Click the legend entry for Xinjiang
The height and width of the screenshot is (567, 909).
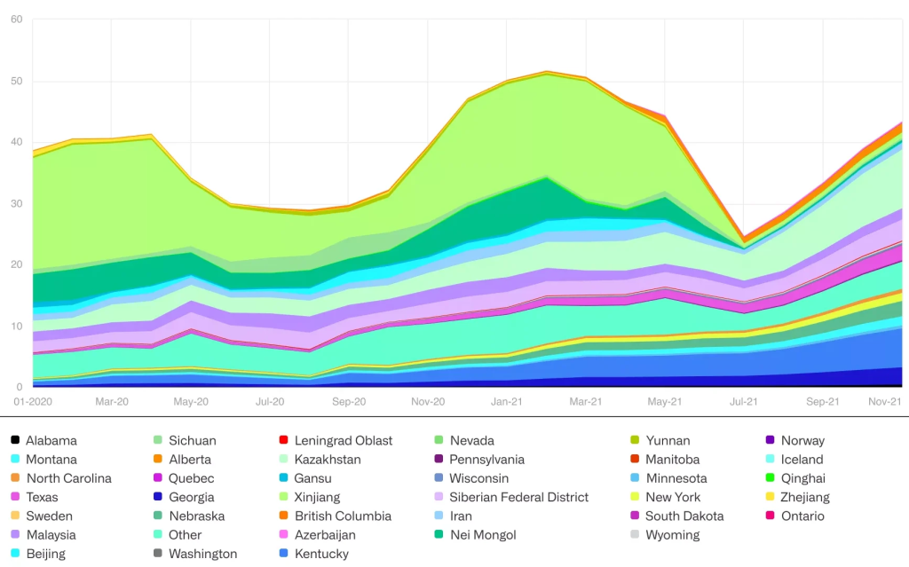[x=316, y=497]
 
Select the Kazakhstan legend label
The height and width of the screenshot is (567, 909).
[x=327, y=460]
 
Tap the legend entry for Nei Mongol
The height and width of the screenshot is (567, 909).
[x=482, y=535]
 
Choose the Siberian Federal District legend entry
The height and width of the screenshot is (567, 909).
[x=518, y=497]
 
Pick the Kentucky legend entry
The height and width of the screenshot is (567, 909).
[x=320, y=554]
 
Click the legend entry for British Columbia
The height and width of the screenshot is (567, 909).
[x=342, y=516]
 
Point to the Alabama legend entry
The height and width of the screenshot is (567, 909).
[x=51, y=441]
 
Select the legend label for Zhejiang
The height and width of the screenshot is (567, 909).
[x=804, y=497]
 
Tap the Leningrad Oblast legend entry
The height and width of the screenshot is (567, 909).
[x=343, y=441]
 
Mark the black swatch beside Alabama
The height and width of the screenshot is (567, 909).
[x=14, y=441]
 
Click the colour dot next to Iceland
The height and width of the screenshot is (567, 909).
[x=770, y=460]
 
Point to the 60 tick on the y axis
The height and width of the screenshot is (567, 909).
[x=16, y=20]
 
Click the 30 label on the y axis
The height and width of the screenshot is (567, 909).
[x=16, y=203]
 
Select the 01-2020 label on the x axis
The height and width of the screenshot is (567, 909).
[x=32, y=402]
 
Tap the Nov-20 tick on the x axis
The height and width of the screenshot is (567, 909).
[x=427, y=402]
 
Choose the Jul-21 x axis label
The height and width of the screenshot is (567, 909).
[x=744, y=402]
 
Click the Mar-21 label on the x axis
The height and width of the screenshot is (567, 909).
[x=585, y=402]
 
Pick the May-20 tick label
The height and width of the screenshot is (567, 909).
[x=190, y=402]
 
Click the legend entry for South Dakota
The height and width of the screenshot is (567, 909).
[x=684, y=516]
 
